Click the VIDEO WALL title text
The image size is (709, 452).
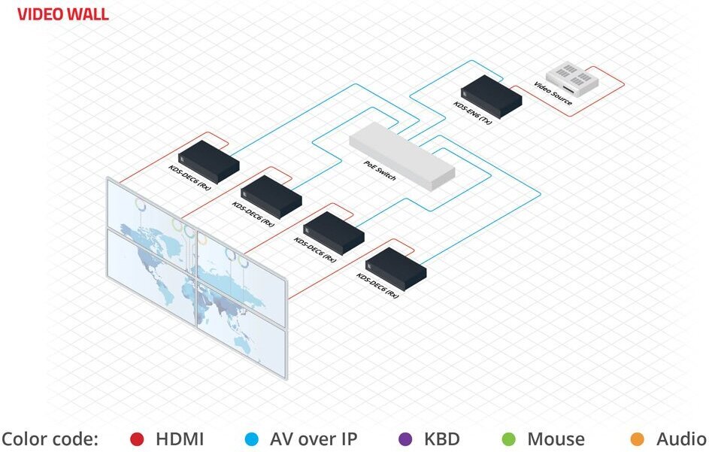[62, 14]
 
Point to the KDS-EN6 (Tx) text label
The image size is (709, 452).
[472, 114]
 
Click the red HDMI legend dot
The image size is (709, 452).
[137, 439]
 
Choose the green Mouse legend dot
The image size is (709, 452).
[508, 439]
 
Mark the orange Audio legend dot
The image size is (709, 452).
[638, 439]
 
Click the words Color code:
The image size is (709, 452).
[50, 439]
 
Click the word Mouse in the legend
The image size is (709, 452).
[556, 439]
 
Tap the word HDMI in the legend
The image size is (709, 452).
[180, 439]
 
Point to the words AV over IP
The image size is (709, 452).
[314, 439]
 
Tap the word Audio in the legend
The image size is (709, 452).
[680, 439]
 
